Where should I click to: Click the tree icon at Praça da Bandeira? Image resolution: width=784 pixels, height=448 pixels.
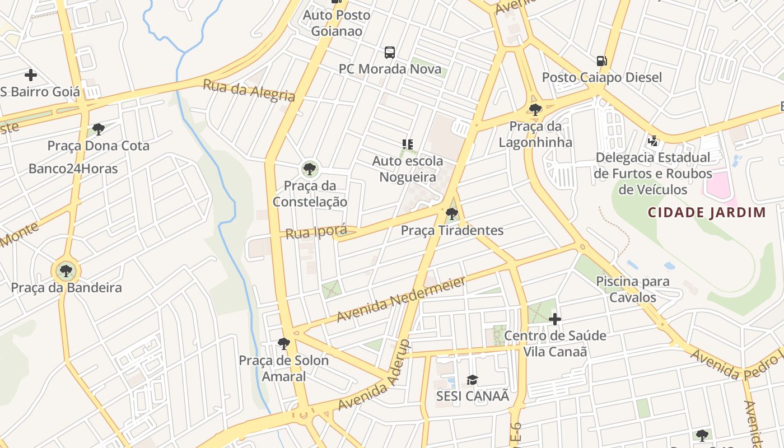[x=66, y=271]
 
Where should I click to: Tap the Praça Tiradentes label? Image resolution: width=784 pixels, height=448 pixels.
[x=452, y=230]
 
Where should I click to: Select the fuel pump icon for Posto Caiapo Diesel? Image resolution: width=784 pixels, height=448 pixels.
[x=601, y=60]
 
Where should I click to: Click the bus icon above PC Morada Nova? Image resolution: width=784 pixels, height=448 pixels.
[x=390, y=53]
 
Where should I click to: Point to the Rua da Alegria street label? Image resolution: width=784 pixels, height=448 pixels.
[x=249, y=90]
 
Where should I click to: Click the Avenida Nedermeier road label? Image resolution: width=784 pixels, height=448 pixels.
[x=401, y=299]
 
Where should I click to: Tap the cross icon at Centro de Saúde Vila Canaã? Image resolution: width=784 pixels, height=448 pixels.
[x=555, y=319]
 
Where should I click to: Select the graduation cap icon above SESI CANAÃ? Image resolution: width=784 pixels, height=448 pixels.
[x=473, y=380]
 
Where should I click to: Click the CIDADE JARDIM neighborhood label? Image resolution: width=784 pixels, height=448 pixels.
[x=707, y=212]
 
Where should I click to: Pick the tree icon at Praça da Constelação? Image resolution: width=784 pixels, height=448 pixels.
[x=309, y=168]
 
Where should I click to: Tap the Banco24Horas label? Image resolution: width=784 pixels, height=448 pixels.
[x=73, y=169]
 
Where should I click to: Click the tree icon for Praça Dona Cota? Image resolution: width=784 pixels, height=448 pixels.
[x=99, y=129]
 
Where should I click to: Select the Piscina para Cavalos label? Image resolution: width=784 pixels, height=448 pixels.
[x=632, y=289]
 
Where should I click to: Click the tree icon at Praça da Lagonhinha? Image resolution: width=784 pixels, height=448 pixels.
[x=535, y=110]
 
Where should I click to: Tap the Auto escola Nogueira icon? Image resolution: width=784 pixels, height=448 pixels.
[x=408, y=144]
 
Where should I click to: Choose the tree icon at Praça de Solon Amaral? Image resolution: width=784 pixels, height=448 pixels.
[x=284, y=343]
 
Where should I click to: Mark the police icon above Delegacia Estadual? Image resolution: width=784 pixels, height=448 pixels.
[x=652, y=141]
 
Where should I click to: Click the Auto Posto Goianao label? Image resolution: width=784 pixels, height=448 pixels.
[x=337, y=23]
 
